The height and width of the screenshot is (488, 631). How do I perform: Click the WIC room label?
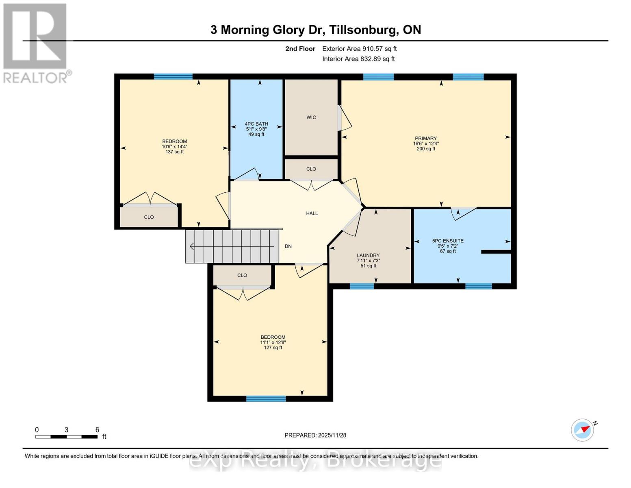pos(311,118)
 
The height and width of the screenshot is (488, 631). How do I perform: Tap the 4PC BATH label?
pos(256,124)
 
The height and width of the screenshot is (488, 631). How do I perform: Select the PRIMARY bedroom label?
pos(426,138)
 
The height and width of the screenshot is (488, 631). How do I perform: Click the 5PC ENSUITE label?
pos(448,241)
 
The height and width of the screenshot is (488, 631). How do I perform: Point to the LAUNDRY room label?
pos(368,255)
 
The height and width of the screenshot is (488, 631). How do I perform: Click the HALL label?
pos(312,213)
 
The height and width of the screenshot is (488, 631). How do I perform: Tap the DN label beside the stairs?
pos(288,246)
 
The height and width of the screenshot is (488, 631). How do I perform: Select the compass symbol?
pos(583,430)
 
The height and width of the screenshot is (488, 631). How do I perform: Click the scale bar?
pos(66,437)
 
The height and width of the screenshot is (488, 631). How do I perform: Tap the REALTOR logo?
pos(35,43)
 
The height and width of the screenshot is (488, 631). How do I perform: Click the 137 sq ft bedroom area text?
pos(175,152)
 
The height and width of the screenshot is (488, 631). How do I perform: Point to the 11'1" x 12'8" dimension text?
pos(273,342)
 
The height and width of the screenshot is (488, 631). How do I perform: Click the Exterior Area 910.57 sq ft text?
pos(359,49)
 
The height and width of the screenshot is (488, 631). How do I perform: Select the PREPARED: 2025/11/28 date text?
pos(315,435)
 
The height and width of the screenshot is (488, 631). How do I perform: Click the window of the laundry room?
pos(362,286)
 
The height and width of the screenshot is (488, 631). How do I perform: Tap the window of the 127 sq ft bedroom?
pos(266,399)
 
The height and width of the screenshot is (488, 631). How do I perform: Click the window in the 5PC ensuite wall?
pos(478,286)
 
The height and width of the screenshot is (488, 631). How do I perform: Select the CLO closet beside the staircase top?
pos(242,275)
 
